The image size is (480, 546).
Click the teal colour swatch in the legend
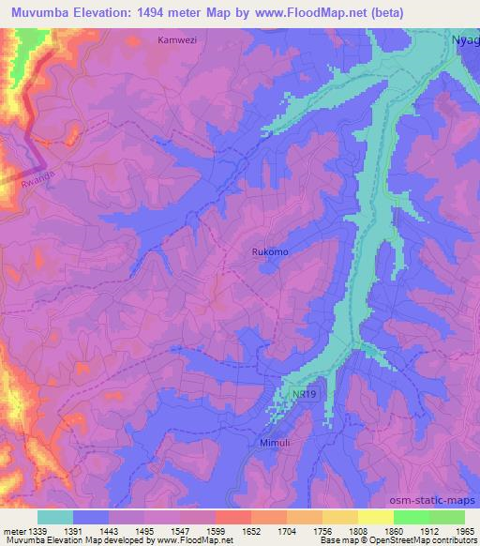click(x=55, y=517)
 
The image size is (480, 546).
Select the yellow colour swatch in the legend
click(x=375, y=517)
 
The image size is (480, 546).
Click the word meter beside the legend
click(x=13, y=530)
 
